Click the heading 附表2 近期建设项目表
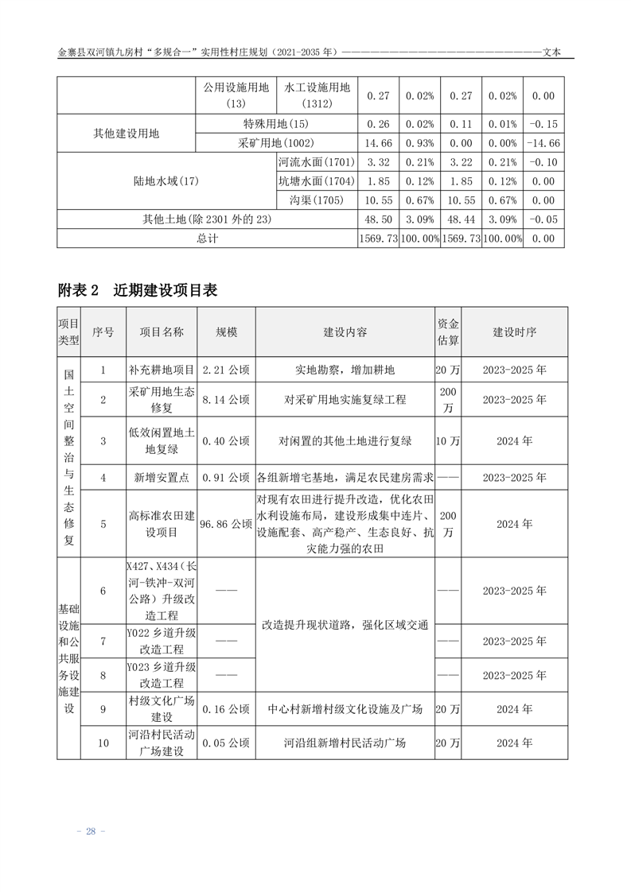(x=138, y=290)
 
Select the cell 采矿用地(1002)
(x=276, y=143)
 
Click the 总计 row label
(x=207, y=239)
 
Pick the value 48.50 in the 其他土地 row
(x=378, y=219)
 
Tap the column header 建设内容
(x=345, y=332)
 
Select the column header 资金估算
(x=448, y=332)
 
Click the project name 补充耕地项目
(x=162, y=370)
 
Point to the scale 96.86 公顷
(x=226, y=524)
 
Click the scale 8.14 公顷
(x=226, y=399)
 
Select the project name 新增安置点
(x=162, y=478)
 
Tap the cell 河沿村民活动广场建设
(x=162, y=743)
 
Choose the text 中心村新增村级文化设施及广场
(x=345, y=709)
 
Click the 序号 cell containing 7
(x=103, y=641)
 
